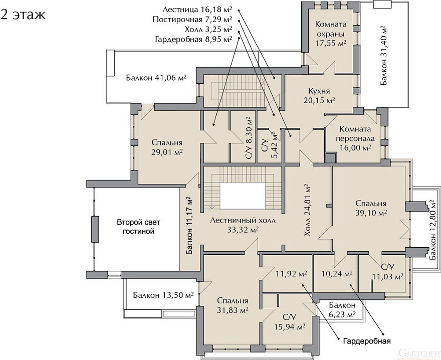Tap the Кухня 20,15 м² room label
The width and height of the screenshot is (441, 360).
[x=319, y=95]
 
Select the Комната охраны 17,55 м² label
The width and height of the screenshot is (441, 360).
[x=331, y=34]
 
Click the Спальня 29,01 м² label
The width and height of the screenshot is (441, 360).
[x=167, y=147]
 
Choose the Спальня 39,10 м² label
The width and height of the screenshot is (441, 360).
[x=371, y=208]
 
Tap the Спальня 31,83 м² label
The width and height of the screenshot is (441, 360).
[x=233, y=305]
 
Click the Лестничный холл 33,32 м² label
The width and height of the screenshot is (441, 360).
[x=243, y=225]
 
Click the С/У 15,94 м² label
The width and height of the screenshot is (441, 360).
[x=290, y=322]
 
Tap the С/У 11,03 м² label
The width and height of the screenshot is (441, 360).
[x=388, y=272]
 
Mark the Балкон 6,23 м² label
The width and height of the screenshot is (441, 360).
[x=342, y=309]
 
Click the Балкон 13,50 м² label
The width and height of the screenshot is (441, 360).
[x=163, y=295]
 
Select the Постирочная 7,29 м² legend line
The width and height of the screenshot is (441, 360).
[x=192, y=20]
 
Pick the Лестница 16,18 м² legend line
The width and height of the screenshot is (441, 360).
[x=197, y=10]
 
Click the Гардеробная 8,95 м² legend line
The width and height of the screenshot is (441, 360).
[x=193, y=39]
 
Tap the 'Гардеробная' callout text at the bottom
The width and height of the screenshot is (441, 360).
[x=367, y=341]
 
